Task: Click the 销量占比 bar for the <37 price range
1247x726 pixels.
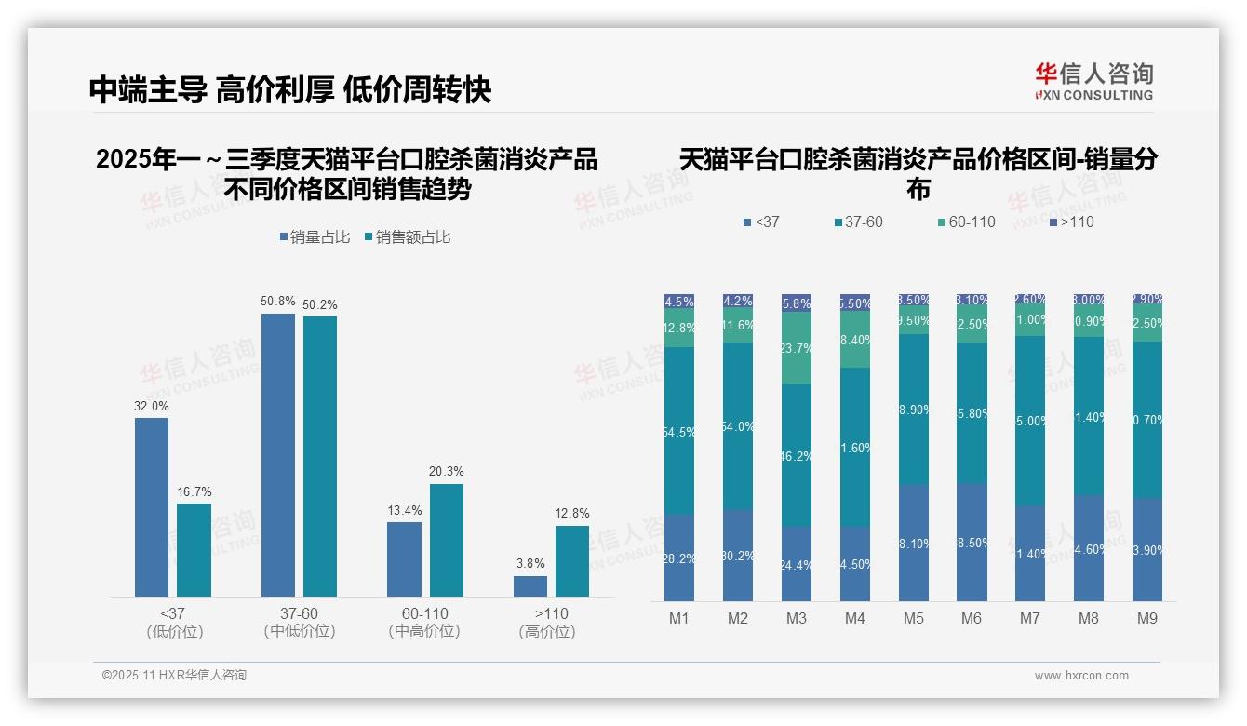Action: pyautogui.click(x=152, y=506)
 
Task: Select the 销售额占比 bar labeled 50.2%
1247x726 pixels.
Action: pyautogui.click(x=320, y=456)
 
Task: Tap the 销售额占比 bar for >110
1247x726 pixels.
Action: pyautogui.click(x=572, y=560)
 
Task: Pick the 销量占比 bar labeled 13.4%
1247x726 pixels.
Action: pyautogui.click(x=404, y=558)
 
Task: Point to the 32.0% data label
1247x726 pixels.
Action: pyautogui.click(x=152, y=406)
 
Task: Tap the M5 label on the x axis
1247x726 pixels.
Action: pyautogui.click(x=913, y=618)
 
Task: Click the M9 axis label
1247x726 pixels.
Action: pyautogui.click(x=1147, y=618)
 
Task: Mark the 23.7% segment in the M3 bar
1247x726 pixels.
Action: pyautogui.click(x=797, y=348)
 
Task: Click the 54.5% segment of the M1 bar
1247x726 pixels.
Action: pyautogui.click(x=679, y=431)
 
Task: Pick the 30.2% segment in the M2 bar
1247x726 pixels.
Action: pyautogui.click(x=738, y=556)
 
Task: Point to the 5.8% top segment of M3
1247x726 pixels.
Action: pyautogui.click(x=797, y=302)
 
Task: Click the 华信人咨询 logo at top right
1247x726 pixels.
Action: pyautogui.click(x=1093, y=80)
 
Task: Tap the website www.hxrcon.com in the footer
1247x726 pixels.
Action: pyautogui.click(x=1081, y=676)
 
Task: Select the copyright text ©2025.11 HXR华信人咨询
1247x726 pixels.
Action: pyautogui.click(x=174, y=676)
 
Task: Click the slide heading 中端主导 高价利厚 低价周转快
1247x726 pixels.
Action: pyautogui.click(x=290, y=90)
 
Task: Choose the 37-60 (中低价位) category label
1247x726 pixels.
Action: pyautogui.click(x=300, y=623)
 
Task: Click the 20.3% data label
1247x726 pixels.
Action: pyautogui.click(x=446, y=472)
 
